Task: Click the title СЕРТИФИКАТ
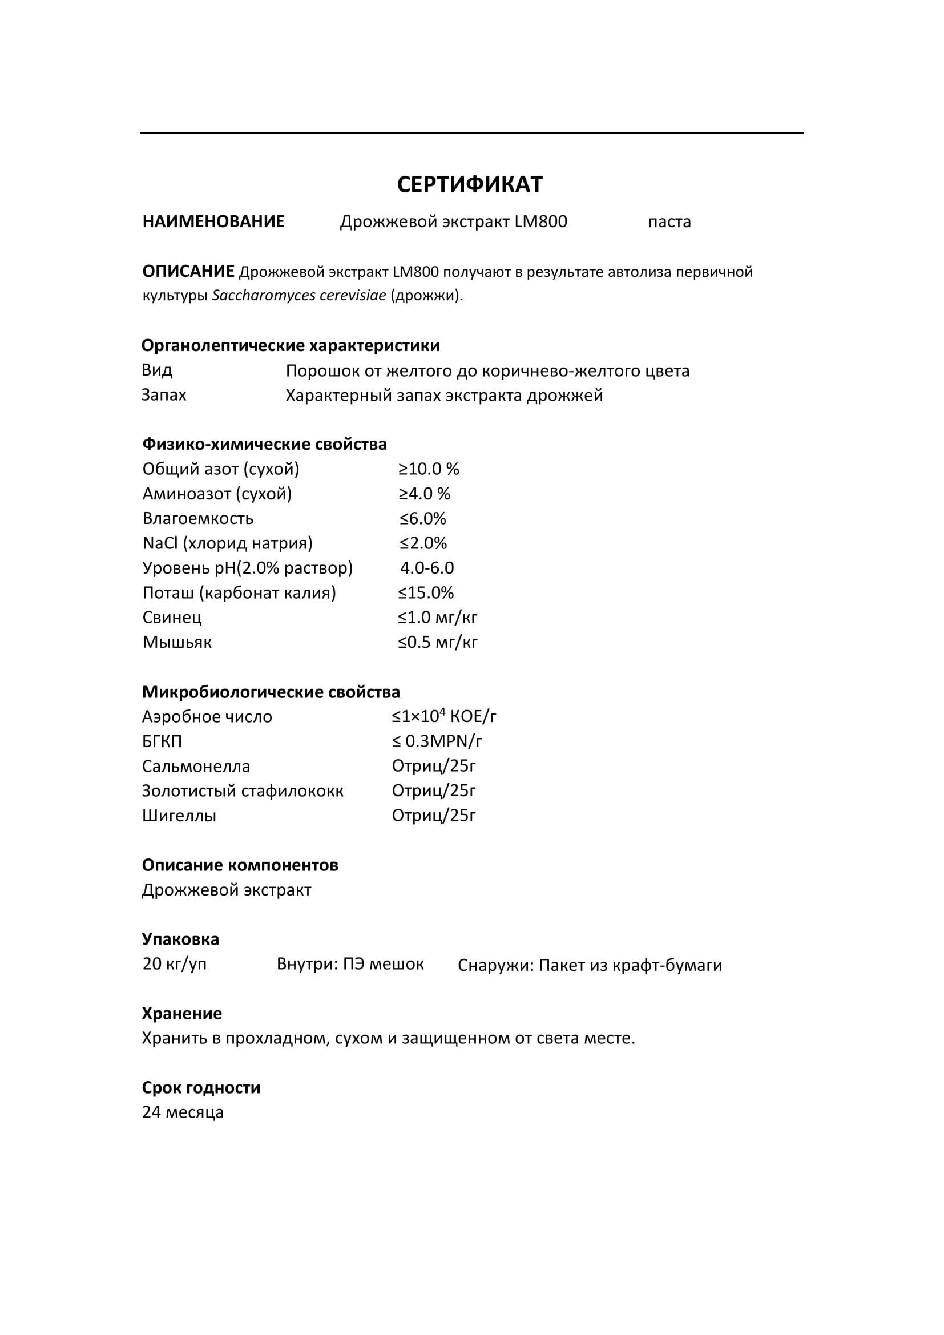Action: pos(470,184)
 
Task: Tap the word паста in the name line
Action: pos(669,221)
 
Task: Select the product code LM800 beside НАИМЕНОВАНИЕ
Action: pos(540,221)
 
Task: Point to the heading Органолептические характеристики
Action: pos(291,345)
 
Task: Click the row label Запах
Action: pos(164,395)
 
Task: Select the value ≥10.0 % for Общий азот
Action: pos(429,469)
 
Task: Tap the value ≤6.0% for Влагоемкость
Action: pos(422,518)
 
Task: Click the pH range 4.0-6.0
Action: pos(427,567)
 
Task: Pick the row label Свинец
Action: pos(172,617)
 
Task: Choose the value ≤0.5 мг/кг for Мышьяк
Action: pos(438,642)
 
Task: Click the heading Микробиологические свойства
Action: pos(271,692)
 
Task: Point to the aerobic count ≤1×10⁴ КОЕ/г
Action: pos(443,716)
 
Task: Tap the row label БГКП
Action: pos(162,741)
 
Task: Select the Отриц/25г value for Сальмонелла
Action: pos(434,766)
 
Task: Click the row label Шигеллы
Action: pos(179,816)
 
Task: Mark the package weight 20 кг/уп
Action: pos(175,963)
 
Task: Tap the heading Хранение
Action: pos(182,1014)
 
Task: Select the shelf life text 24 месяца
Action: pos(183,1112)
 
